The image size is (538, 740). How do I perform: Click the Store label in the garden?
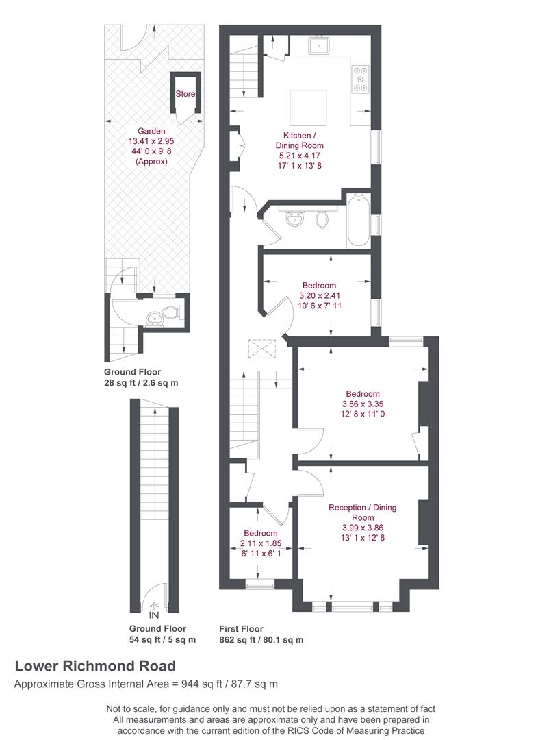pos(185,94)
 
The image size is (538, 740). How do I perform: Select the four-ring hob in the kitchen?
pos(360,78)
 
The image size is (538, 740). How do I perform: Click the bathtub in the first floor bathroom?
pos(359,221)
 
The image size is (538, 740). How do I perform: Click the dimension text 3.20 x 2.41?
pos(320,295)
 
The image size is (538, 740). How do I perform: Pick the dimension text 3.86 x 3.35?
pos(362,404)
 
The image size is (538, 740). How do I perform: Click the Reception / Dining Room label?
pos(362,513)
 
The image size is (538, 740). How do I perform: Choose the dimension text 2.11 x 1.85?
pos(261,543)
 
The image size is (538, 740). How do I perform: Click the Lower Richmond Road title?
pos(95,665)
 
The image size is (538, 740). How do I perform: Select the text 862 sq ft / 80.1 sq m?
pos(261,640)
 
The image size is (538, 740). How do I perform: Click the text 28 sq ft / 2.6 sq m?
pos(141,383)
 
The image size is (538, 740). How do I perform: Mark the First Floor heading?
pos(241,628)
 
